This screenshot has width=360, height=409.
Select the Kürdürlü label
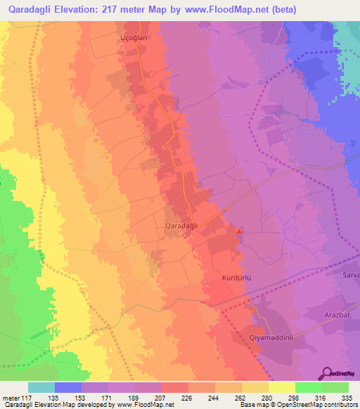(x=236, y=278)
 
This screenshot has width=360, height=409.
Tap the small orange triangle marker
(x=239, y=231)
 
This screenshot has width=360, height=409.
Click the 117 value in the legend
(x=29, y=397)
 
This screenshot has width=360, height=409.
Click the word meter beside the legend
(x=11, y=397)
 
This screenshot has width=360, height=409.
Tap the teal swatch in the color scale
(x=41, y=387)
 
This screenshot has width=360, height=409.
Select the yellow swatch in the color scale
(x=281, y=387)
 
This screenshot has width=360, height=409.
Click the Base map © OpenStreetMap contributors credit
(x=297, y=405)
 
